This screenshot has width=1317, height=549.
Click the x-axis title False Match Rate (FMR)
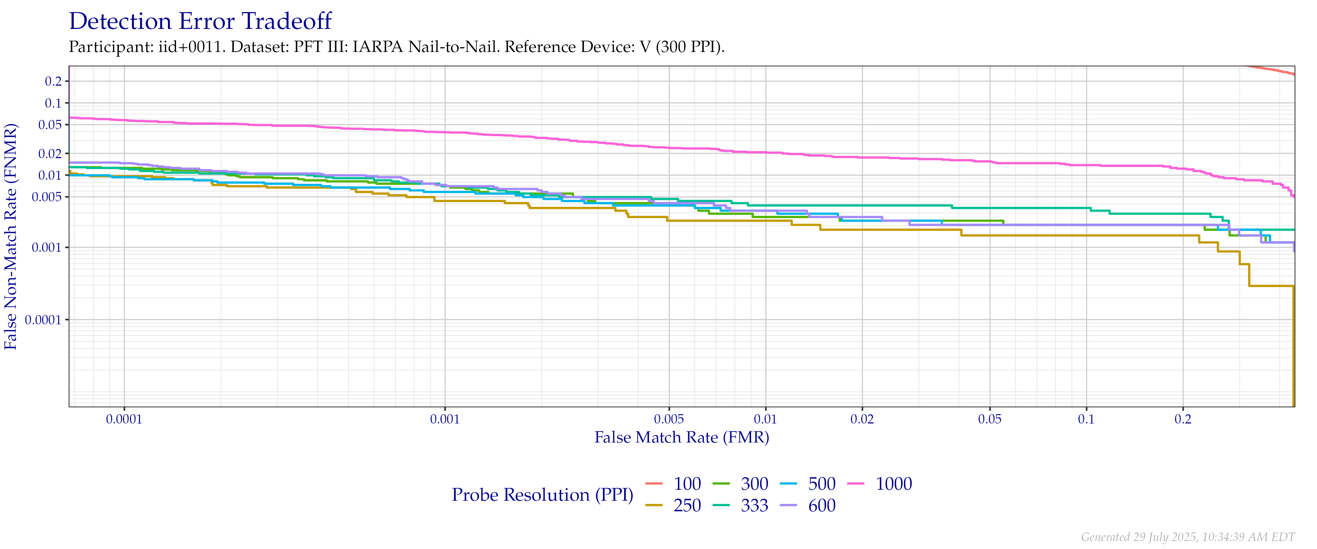(682, 437)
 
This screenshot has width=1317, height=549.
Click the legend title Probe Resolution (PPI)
(543, 495)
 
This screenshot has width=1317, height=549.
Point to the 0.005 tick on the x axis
(669, 420)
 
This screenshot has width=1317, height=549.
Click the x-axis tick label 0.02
(862, 420)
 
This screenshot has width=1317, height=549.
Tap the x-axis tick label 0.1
(1087, 420)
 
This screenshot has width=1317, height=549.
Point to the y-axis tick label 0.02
(53, 153)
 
